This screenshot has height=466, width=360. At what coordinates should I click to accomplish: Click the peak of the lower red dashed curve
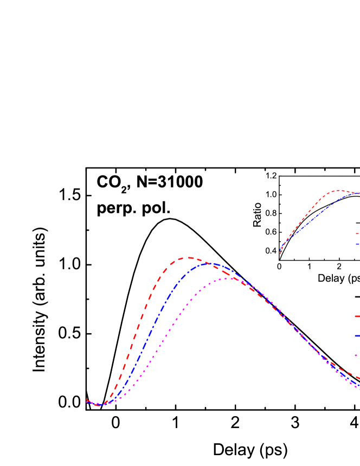coord(190,258)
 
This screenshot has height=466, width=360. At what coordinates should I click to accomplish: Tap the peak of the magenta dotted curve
coord(228,278)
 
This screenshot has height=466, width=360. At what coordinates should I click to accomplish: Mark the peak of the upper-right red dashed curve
coord(338,190)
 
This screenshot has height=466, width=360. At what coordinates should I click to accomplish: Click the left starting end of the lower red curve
coord(87,400)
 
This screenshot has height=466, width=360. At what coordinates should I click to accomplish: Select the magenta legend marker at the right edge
coord(356,355)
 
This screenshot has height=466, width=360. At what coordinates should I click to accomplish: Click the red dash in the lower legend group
coord(357,316)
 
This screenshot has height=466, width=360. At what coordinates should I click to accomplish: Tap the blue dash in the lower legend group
coord(357,335)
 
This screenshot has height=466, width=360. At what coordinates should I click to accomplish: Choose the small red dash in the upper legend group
coord(357,234)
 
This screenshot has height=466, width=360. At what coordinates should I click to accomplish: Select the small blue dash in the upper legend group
coord(357,244)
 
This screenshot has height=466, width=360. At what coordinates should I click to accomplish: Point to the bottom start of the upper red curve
coord(280,254)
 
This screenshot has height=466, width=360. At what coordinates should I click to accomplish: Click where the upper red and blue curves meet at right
coord(358,193)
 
